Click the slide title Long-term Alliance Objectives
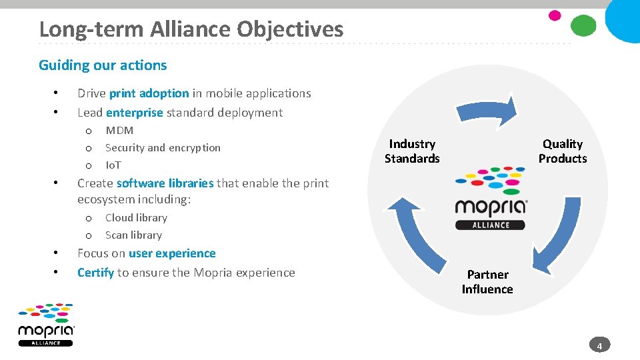click(x=191, y=29)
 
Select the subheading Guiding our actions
click(x=103, y=65)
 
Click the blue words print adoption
click(x=149, y=93)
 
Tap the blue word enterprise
click(x=134, y=113)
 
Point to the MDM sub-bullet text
click(x=119, y=131)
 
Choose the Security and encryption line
click(x=163, y=148)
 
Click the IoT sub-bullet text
click(x=113, y=165)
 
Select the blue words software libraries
click(x=165, y=183)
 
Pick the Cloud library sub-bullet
click(x=136, y=218)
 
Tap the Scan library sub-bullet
click(x=133, y=235)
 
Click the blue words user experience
click(x=172, y=254)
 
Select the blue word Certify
click(x=95, y=273)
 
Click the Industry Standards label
click(x=412, y=151)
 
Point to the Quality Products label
click(x=563, y=151)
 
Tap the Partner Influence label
click(x=487, y=282)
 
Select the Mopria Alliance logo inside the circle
click(x=491, y=198)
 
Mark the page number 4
click(x=599, y=346)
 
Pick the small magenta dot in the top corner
click(x=555, y=15)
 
